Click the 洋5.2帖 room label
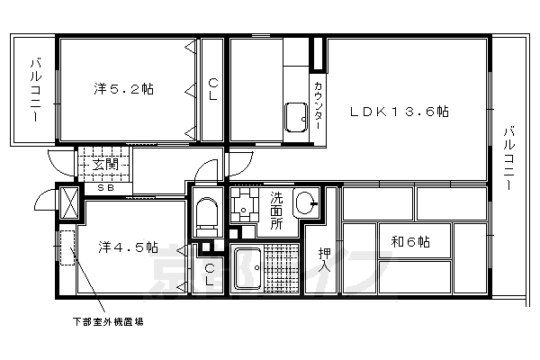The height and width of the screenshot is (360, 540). tap(123, 89)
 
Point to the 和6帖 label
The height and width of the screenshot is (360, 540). tap(409, 242)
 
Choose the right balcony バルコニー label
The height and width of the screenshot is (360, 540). tap(508, 158)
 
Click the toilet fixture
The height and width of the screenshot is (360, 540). tap(205, 214)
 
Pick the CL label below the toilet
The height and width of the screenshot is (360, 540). tap(208, 274)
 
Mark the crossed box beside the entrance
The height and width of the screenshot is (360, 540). tap(68, 204)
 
